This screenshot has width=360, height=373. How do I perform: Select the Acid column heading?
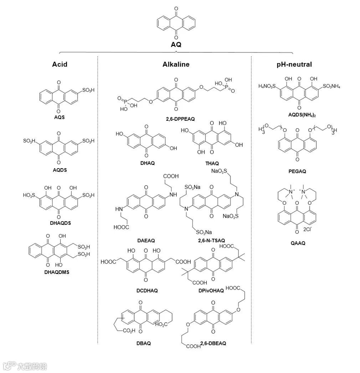(x=60, y=64)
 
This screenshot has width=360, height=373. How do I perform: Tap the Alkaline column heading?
(x=176, y=64)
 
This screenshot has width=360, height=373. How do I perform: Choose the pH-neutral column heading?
(x=294, y=64)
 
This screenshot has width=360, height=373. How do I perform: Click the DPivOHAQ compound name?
(x=211, y=290)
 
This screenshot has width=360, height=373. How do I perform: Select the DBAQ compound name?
(x=144, y=343)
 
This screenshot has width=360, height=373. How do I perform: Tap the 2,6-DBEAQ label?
(x=213, y=343)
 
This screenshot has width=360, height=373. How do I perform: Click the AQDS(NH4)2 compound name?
(x=299, y=115)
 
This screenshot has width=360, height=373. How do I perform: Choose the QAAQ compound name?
(x=298, y=243)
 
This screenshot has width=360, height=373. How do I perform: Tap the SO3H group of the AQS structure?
(x=88, y=90)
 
